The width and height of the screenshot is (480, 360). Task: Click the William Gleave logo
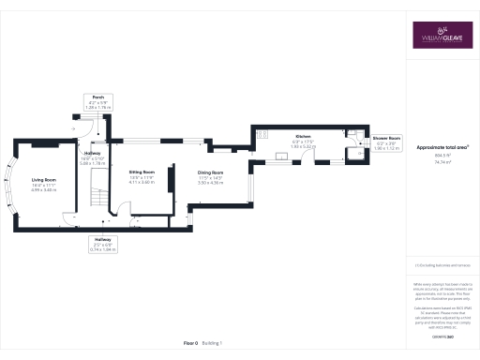click(x=443, y=36)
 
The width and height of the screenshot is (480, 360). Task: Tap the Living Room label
click(x=44, y=179)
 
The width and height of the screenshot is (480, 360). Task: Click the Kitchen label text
click(x=303, y=137)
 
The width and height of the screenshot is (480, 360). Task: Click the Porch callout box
click(x=97, y=102)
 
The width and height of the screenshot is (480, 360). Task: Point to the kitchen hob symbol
click(x=258, y=138)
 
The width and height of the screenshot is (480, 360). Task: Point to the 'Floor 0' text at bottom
click(x=190, y=344)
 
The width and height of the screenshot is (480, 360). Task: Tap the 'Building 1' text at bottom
click(x=213, y=344)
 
